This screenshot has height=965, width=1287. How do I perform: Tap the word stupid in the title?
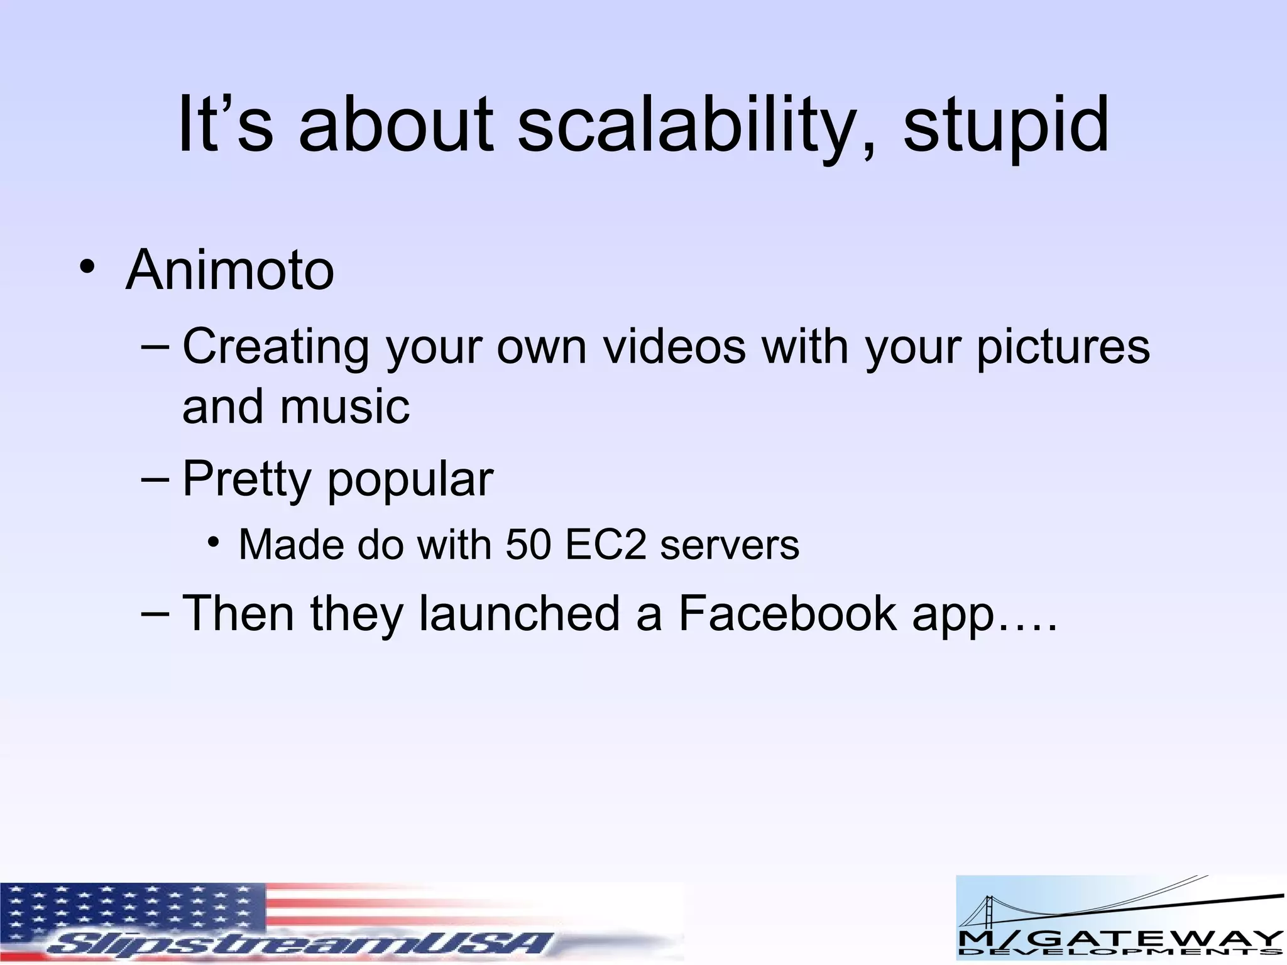coord(1005,126)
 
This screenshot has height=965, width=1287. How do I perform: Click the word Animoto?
coord(230,270)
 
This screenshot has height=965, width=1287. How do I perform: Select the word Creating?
coord(275,347)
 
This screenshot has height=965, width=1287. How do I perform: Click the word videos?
coord(674,347)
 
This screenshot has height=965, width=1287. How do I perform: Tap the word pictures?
coord(1063,347)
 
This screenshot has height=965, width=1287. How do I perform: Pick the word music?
coord(345,406)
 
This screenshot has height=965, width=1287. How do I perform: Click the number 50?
coord(528,545)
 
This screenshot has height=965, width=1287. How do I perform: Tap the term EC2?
coord(605,545)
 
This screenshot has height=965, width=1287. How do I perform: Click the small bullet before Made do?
coord(214,542)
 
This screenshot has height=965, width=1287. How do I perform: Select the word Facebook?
coord(787,614)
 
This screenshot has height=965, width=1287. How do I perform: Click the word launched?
coord(519,614)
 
